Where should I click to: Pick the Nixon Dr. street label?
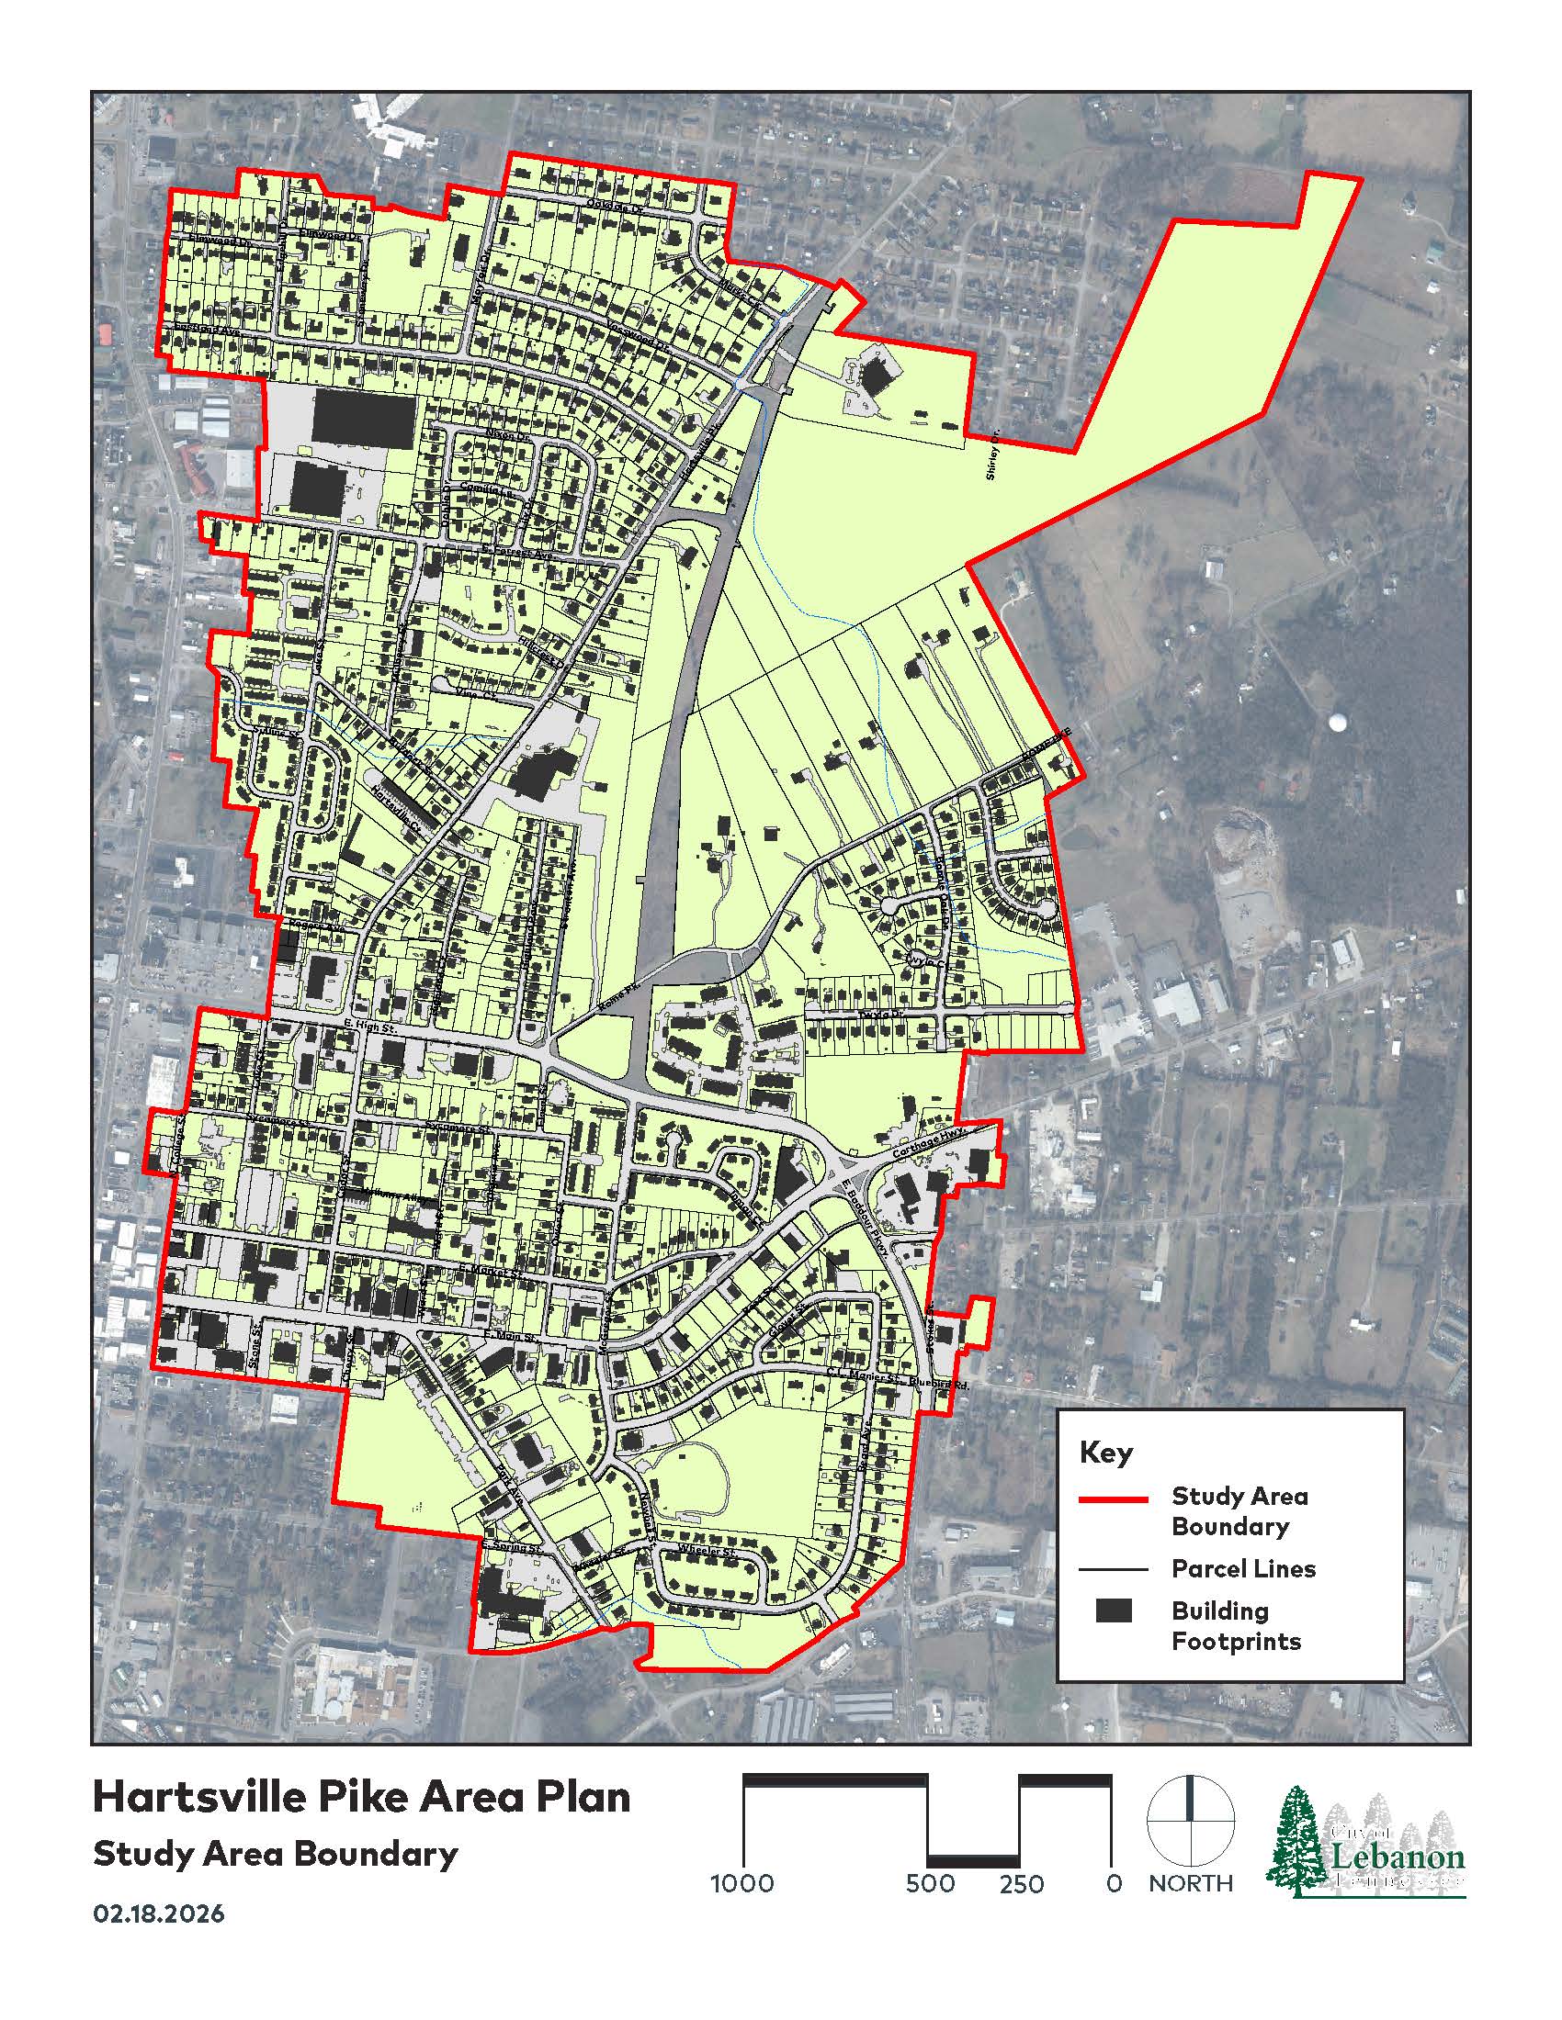tap(504, 432)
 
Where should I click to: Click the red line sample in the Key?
tap(1114, 1499)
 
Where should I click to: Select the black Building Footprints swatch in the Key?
tap(1114, 1610)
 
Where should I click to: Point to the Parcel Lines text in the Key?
tap(1243, 1568)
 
